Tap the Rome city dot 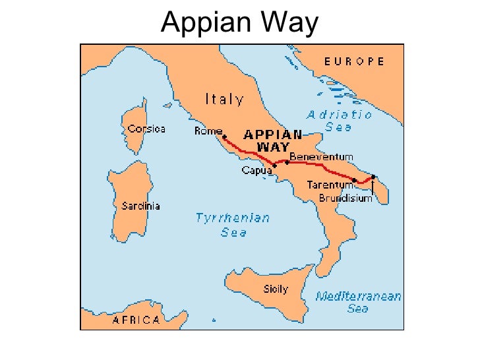click(x=225, y=137)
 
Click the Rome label click(x=208, y=131)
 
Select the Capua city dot click(x=274, y=165)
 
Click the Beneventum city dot click(x=287, y=162)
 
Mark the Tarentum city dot click(x=355, y=180)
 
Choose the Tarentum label click(x=330, y=185)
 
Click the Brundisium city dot click(x=373, y=176)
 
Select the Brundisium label click(x=345, y=198)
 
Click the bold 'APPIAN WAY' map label click(x=273, y=140)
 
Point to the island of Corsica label click(x=146, y=129)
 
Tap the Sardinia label click(x=140, y=206)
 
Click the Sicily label click(x=276, y=289)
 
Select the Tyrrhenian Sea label click(x=233, y=225)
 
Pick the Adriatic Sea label click(x=339, y=121)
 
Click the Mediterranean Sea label click(x=358, y=302)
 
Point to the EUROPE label click(x=354, y=61)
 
